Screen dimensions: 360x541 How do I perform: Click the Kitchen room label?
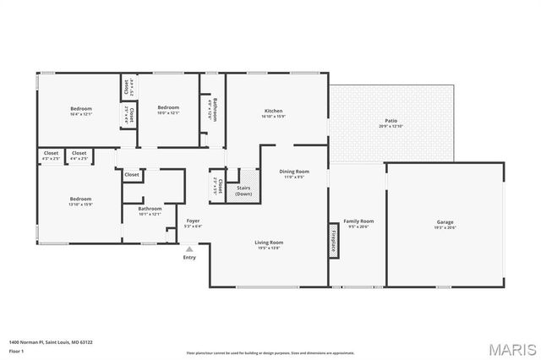tap(273, 112)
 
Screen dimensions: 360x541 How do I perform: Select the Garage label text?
tap(445, 224)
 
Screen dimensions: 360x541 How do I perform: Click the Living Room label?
tap(269, 244)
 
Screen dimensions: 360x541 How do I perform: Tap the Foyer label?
tap(194, 222)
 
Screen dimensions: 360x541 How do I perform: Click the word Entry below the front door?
tap(189, 257)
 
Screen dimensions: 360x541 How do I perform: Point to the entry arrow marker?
tap(189, 249)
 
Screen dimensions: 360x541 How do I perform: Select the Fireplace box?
tap(334, 239)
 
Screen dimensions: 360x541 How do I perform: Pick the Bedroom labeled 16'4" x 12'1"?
tap(81, 110)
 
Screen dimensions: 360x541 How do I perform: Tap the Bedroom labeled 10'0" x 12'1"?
tap(168, 109)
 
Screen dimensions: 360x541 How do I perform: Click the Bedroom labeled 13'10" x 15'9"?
tap(81, 201)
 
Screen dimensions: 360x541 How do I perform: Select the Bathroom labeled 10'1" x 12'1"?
tap(150, 210)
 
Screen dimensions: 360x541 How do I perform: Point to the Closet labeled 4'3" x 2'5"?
tap(51, 155)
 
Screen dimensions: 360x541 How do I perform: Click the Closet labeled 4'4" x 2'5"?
tap(79, 155)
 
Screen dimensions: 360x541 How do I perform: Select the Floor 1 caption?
tap(16, 350)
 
